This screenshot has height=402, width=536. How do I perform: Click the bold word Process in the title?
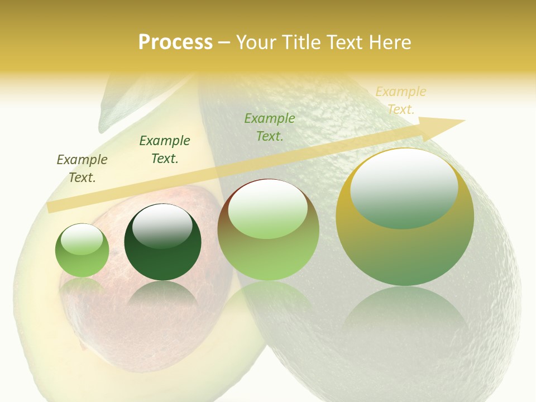(175, 42)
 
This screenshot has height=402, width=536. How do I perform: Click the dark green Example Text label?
(164, 150)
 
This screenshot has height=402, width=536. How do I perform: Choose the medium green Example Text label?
(270, 127)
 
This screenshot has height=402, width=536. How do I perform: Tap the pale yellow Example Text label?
(400, 100)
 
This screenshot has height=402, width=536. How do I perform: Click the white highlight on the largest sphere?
(404, 189)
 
